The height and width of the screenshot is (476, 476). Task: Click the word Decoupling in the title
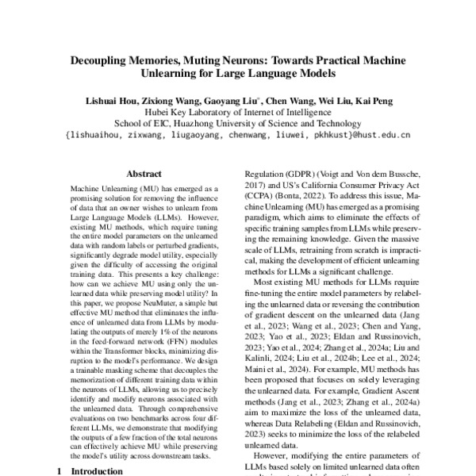(102, 61)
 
